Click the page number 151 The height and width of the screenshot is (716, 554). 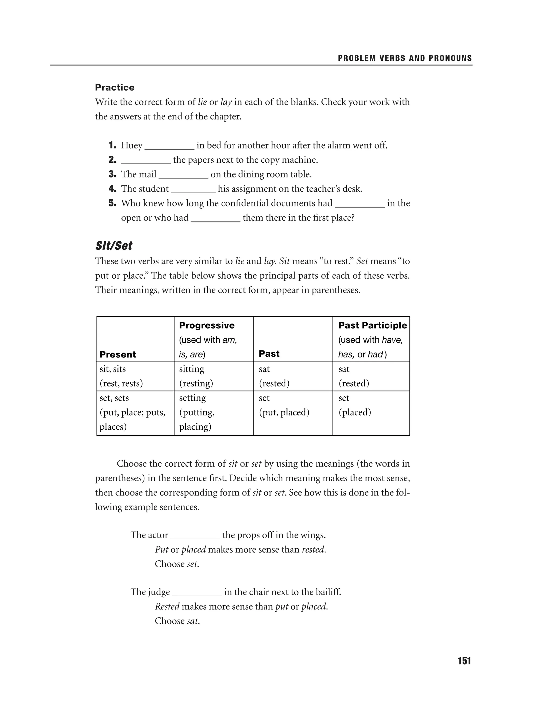[464, 661]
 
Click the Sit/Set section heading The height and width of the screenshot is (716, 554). [114, 246]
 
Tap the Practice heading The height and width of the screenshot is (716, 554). [114, 88]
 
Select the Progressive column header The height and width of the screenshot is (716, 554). [207, 325]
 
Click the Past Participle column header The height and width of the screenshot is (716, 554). [372, 325]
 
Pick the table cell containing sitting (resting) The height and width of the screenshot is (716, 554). [214, 376]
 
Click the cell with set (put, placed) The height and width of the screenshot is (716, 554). [293, 405]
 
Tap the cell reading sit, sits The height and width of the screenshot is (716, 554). [135, 376]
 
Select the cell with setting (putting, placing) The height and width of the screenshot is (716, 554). [214, 412]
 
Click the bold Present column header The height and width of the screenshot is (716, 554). [117, 354]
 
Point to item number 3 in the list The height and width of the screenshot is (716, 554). [112, 175]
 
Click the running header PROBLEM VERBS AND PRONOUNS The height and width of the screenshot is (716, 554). [405, 58]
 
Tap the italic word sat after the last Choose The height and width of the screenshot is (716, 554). [193, 621]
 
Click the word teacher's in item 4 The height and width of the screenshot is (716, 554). [323, 189]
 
